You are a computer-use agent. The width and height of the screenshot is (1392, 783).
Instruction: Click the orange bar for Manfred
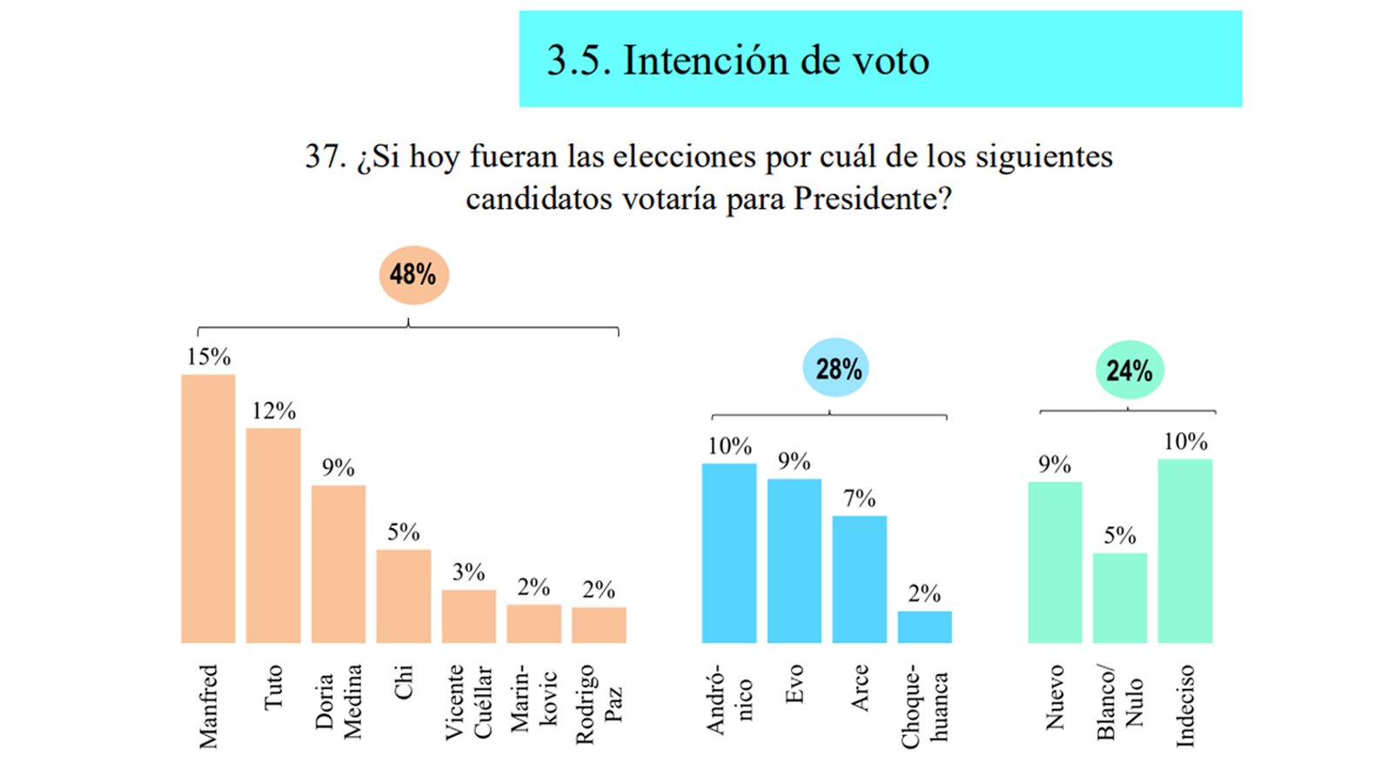coord(208,509)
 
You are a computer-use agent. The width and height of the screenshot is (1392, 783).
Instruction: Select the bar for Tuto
coord(273,535)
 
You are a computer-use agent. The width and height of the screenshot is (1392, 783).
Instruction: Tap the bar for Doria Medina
coord(338,564)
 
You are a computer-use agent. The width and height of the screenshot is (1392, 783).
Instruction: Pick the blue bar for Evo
coord(794,561)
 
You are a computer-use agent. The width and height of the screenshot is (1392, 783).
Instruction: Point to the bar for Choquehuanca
coord(925,627)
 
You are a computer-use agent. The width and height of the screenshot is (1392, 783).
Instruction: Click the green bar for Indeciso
coord(1185,551)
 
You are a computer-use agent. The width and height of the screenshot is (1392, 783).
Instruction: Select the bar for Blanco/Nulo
coord(1120,598)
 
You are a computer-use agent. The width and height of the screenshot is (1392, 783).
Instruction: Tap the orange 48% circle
coord(413,275)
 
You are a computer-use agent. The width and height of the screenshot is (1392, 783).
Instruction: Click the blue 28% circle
coord(836,368)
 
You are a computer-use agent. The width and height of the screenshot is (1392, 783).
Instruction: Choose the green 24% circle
coord(1128,370)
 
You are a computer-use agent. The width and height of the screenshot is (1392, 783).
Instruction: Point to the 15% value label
coord(209,357)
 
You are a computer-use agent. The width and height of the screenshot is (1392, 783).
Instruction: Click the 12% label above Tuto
coord(274,411)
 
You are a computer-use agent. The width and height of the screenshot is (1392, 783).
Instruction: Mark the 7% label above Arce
coord(860,499)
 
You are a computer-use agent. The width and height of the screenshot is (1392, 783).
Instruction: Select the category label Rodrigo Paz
coord(599,705)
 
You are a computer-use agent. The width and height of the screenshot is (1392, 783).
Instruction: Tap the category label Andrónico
coord(729,700)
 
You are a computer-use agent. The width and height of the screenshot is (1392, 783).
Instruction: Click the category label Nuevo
coord(1055,697)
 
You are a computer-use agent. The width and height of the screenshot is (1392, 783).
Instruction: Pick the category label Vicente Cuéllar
coord(469,702)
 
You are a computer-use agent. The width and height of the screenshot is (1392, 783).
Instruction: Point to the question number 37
coord(325,157)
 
